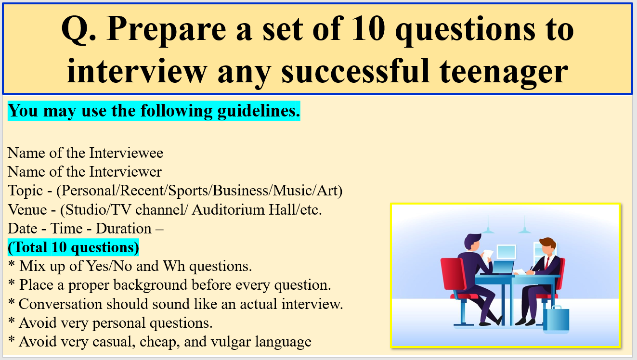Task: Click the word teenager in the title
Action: (x=504, y=71)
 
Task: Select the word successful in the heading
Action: (x=355, y=71)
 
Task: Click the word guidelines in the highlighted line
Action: (x=259, y=111)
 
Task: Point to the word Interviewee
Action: (x=126, y=153)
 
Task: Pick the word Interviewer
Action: (x=125, y=172)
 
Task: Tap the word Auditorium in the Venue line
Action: (x=228, y=210)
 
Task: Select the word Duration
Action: (x=123, y=229)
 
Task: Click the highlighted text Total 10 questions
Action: (x=73, y=247)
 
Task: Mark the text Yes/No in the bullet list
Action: (x=109, y=266)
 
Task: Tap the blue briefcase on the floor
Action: (x=556, y=319)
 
